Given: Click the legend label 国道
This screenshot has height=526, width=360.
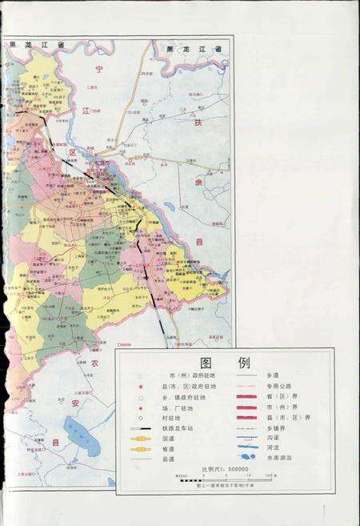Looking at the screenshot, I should (x=169, y=439).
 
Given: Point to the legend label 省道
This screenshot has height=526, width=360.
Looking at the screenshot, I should (x=169, y=449).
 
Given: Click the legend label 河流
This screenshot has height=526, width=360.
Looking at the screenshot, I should (x=272, y=449).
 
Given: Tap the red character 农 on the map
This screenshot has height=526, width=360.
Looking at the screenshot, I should (x=94, y=364).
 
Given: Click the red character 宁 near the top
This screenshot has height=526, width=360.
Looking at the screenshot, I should (x=99, y=70).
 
